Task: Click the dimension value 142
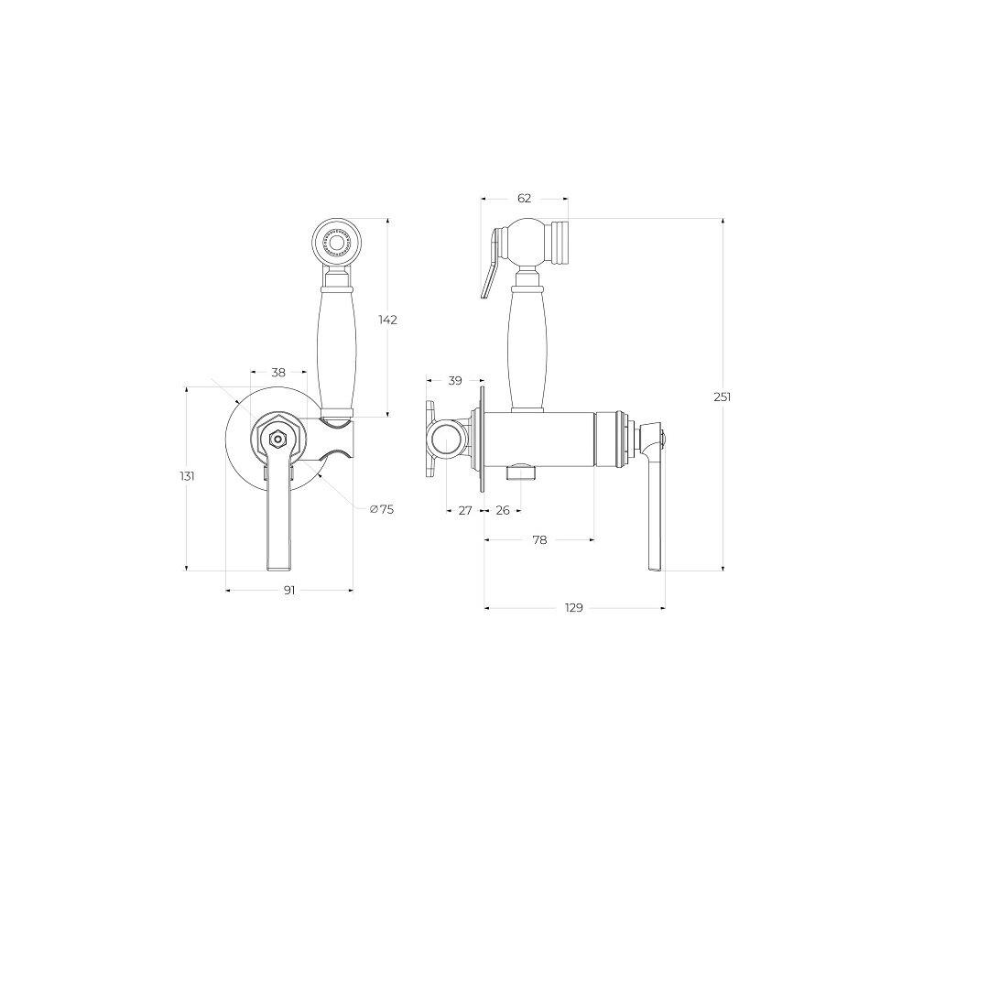click(x=388, y=320)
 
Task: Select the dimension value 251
click(x=723, y=397)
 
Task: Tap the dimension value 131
click(x=187, y=476)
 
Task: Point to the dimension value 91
click(x=289, y=591)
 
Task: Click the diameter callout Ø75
click(x=382, y=509)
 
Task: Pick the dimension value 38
click(x=278, y=373)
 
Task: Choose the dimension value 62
click(x=524, y=198)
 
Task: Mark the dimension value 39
click(x=455, y=380)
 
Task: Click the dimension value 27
click(x=465, y=510)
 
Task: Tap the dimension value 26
click(x=503, y=510)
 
